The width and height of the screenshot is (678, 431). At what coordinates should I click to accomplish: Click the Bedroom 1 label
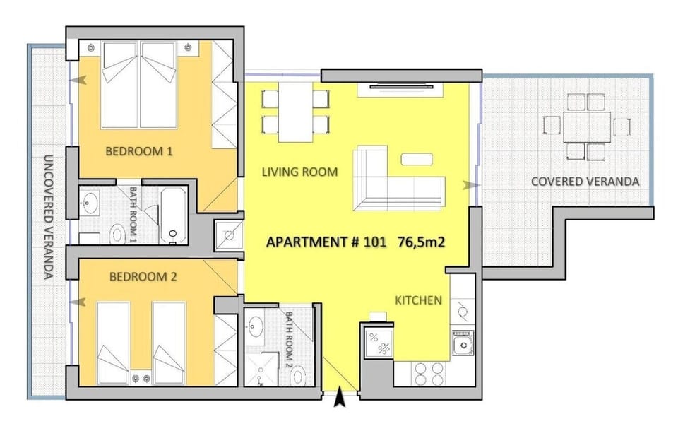(139, 151)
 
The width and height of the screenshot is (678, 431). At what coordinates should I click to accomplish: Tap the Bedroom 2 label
(143, 277)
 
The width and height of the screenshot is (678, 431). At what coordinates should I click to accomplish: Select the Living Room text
(299, 172)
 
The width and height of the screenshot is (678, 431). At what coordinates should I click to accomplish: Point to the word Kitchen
(418, 300)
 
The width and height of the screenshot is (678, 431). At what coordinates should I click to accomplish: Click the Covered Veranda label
(585, 182)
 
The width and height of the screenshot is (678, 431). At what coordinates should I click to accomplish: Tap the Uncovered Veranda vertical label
(49, 217)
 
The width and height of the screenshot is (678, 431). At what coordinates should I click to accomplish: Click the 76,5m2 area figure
(421, 242)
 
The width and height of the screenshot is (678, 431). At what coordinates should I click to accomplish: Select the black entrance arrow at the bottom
(340, 397)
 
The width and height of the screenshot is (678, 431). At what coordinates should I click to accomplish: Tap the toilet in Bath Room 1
(117, 235)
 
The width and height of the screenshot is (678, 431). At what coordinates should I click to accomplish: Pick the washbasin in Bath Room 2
(255, 326)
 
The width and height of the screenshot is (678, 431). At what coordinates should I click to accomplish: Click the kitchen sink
(463, 344)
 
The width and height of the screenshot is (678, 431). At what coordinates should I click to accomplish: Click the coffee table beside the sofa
(417, 159)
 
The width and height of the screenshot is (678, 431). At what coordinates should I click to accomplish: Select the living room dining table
(295, 112)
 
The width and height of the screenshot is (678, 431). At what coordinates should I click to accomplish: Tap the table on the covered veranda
(587, 127)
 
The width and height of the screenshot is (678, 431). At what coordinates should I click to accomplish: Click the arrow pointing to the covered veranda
(471, 185)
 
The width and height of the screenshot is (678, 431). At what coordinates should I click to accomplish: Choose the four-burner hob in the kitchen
(429, 374)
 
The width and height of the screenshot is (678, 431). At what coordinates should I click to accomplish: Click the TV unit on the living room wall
(400, 89)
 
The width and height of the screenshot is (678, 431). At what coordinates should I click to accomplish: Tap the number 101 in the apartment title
(375, 242)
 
